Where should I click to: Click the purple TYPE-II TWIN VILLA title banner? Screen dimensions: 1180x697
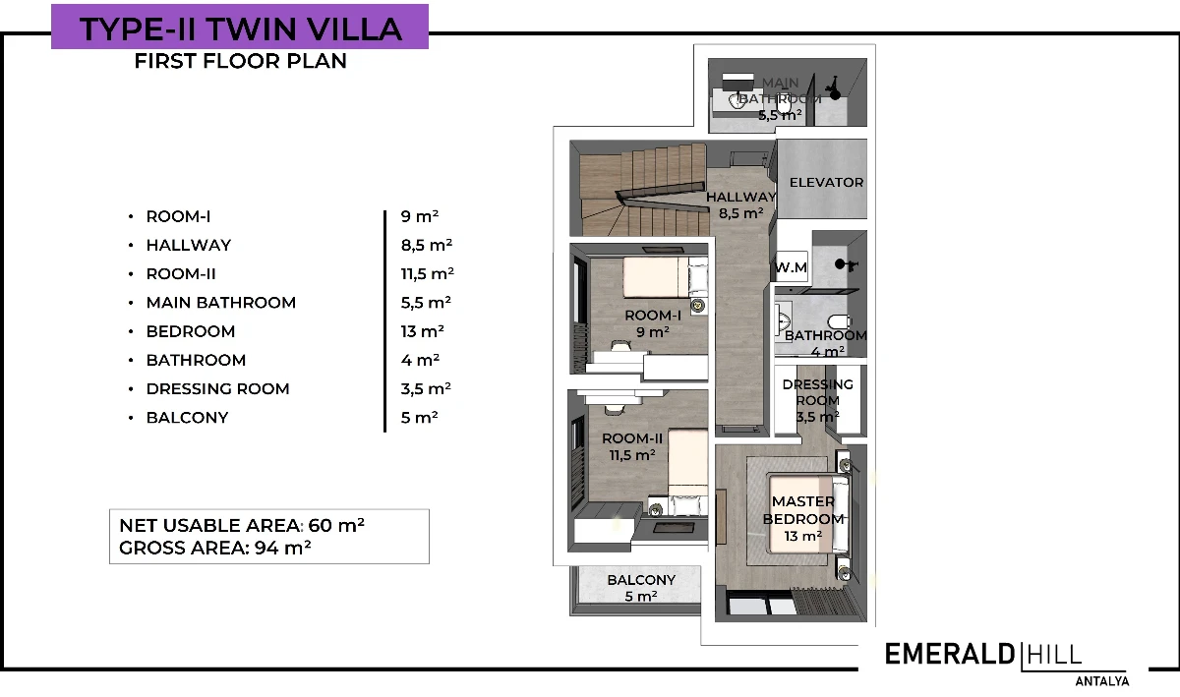click(240, 27)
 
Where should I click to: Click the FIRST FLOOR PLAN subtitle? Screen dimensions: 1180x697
click(241, 61)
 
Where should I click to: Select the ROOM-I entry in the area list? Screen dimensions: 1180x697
click(178, 216)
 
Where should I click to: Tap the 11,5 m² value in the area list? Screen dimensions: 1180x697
click(427, 274)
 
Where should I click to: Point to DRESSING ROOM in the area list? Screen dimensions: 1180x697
click(217, 388)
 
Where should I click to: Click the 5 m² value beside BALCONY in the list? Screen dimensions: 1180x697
click(419, 418)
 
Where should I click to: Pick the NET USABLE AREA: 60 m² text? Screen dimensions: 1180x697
click(242, 525)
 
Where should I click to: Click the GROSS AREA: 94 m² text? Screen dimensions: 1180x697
click(215, 548)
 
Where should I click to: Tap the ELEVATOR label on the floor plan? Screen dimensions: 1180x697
click(826, 182)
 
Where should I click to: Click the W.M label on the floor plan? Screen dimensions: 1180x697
click(792, 267)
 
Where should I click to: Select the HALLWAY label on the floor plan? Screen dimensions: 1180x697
click(740, 197)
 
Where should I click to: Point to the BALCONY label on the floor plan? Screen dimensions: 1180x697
click(641, 580)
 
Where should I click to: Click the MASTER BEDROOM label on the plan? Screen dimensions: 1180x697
click(803, 510)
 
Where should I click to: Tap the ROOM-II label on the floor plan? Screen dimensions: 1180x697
click(632, 438)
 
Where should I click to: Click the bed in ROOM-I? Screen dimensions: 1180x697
click(665, 277)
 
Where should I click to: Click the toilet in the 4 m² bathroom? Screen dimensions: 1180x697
click(839, 320)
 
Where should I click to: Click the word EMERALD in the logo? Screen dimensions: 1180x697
click(950, 655)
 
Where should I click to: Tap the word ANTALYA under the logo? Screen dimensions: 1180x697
click(1102, 681)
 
